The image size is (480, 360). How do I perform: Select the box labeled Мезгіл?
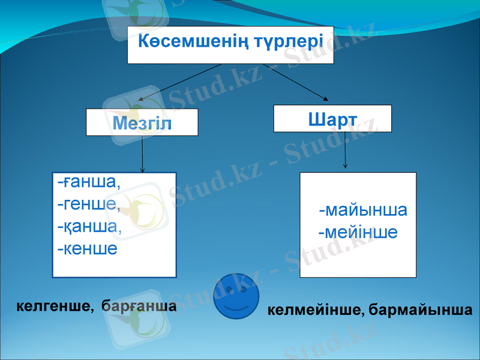tap(142, 123)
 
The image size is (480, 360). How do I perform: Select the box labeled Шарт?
tap(332, 119)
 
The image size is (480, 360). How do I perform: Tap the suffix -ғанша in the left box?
tap(89, 182)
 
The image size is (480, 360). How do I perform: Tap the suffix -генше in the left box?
tap(89, 205)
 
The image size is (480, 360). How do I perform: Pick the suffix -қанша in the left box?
tap(89, 227)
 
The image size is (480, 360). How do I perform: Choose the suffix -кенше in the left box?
tap(87, 248)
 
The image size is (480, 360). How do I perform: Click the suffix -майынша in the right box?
tap(363, 211)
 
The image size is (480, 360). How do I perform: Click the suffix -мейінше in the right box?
tap(358, 232)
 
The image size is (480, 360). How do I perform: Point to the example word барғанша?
tap(139, 307)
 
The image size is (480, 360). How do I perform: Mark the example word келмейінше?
tap(314, 311)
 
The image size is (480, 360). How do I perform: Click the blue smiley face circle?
tap(236, 296)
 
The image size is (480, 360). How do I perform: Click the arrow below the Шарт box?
tap(345, 150)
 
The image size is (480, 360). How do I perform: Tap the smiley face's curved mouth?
tap(236, 307)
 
